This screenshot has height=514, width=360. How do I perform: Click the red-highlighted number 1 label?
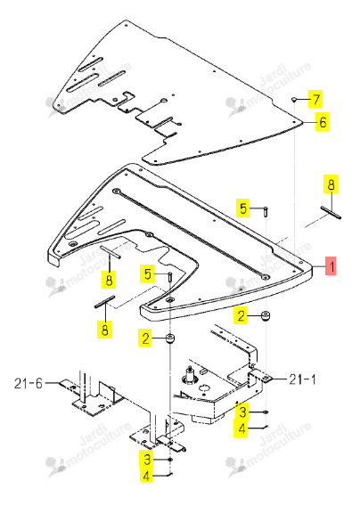tap(331, 265)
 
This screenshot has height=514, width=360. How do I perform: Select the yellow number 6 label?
tap(323, 122)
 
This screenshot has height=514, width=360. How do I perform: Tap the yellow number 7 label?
tap(315, 99)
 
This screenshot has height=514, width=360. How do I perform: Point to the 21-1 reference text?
tap(302, 379)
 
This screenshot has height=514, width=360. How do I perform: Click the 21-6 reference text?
tap(29, 383)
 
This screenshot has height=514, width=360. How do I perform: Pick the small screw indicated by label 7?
tap(294, 99)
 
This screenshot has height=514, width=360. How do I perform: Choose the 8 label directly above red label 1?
tap(331, 184)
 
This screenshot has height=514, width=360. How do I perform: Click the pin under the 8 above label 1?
tap(331, 212)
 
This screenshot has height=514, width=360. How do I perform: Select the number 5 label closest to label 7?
tap(243, 208)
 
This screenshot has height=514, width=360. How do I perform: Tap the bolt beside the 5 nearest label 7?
tap(266, 211)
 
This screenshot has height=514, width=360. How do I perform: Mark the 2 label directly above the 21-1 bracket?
tap(241, 316)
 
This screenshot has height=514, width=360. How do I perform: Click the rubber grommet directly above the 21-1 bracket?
tap(265, 317)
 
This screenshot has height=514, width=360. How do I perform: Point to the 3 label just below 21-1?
tap(242, 412)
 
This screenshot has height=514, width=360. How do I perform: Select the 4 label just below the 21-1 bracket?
tap(241, 428)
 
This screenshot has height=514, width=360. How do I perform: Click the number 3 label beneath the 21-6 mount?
tap(147, 460)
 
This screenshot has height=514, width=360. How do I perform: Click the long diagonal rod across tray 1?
tap(191, 234)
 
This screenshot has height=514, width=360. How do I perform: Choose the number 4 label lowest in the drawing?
tap(146, 476)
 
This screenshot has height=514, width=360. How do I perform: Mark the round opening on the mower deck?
tap(205, 388)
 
